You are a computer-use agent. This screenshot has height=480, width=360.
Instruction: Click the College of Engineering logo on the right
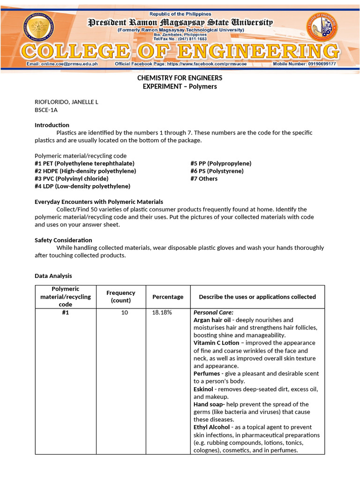pos(322,27)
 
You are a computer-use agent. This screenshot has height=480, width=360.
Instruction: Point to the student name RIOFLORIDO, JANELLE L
pos(67,102)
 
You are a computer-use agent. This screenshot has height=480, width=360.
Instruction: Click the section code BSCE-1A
pos(46,110)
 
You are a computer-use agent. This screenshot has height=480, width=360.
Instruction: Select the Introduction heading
pos(52,125)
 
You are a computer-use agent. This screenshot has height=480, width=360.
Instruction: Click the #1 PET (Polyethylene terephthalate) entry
pos(84,163)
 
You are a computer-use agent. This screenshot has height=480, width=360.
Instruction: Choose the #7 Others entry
pos(204,179)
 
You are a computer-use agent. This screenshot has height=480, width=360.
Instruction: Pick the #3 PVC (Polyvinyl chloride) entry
pos(71,179)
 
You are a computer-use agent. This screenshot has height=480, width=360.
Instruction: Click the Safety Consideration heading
pos(63,240)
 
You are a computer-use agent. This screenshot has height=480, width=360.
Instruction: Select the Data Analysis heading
pos(53,276)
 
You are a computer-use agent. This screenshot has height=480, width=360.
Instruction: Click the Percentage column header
pos(168,297)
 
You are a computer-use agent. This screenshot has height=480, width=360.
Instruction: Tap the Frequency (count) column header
pos(120,296)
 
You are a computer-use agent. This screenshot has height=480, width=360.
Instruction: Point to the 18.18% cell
pos(162,313)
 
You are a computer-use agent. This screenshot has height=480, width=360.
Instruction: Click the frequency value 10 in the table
pos(124,313)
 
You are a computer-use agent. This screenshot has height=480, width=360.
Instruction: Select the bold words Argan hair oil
pos(212,320)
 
